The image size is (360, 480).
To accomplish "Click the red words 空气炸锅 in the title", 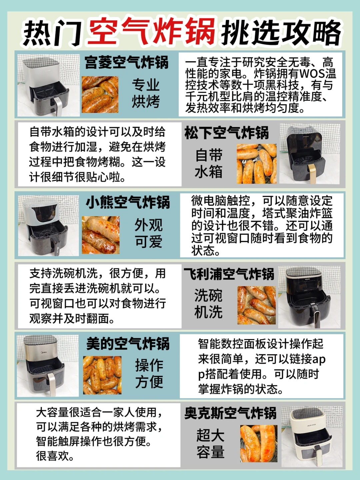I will pyautogui.click(x=152, y=32).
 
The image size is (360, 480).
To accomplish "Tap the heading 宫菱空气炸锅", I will pyautogui.click(x=126, y=63).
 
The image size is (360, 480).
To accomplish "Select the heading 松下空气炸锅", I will pyautogui.click(x=226, y=133).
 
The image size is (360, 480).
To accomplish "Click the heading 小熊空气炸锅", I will pyautogui.click(x=128, y=202).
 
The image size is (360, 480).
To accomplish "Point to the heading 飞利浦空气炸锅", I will pyautogui.click(x=229, y=274).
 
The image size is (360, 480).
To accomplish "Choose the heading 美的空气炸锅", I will pyautogui.click(x=128, y=344).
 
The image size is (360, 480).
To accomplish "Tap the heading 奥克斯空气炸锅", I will pyautogui.click(x=230, y=413).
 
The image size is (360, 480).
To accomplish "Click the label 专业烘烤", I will pyautogui.click(x=146, y=93).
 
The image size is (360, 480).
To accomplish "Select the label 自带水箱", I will pyautogui.click(x=209, y=164).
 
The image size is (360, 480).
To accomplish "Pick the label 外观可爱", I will pyautogui.click(x=148, y=233).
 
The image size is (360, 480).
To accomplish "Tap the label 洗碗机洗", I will pyautogui.click(x=208, y=304).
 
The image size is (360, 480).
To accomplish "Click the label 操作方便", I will pyautogui.click(x=149, y=374).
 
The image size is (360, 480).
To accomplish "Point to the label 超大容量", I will pyautogui.click(x=210, y=444).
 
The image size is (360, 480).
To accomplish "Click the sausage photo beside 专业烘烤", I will pyautogui.click(x=100, y=94).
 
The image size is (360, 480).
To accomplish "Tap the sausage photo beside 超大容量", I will pyautogui.click(x=259, y=443).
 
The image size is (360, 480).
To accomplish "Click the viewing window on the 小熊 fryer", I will pyautogui.click(x=45, y=212).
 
